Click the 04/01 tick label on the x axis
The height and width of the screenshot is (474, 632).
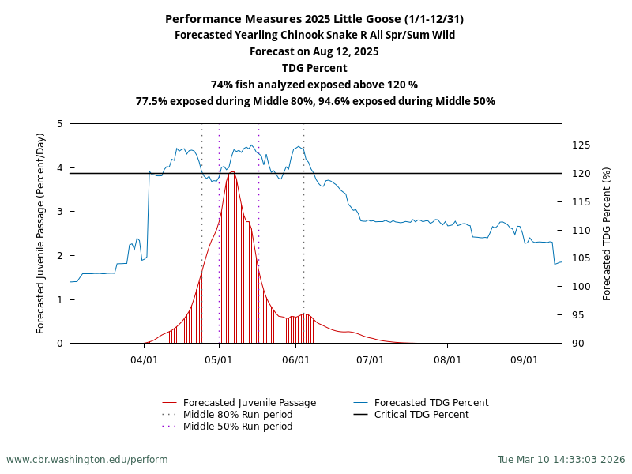click(144, 359)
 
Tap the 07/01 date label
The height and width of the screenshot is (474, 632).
click(371, 359)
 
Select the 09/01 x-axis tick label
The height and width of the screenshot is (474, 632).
click(525, 359)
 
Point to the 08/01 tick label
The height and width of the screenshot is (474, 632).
click(447, 359)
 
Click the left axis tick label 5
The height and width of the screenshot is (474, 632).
click(60, 124)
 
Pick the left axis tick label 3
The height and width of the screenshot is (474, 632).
click(60, 212)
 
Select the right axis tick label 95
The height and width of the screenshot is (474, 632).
click(578, 315)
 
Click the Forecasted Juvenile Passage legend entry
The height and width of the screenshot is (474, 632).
click(249, 403)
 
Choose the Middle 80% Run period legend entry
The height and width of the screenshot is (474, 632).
click(237, 415)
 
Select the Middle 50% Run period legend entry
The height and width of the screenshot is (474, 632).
click(237, 427)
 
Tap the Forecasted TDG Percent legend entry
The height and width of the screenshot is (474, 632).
click(431, 403)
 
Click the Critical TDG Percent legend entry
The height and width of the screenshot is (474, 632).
click(421, 415)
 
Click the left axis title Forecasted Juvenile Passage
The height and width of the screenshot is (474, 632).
click(41, 233)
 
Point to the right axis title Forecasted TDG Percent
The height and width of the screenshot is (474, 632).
click(607, 233)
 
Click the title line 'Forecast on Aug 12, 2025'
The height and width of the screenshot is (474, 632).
click(314, 51)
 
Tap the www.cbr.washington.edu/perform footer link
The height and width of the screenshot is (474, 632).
click(87, 459)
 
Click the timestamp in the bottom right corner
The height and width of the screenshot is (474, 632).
click(561, 459)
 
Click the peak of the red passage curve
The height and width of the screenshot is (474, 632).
click(232, 171)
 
